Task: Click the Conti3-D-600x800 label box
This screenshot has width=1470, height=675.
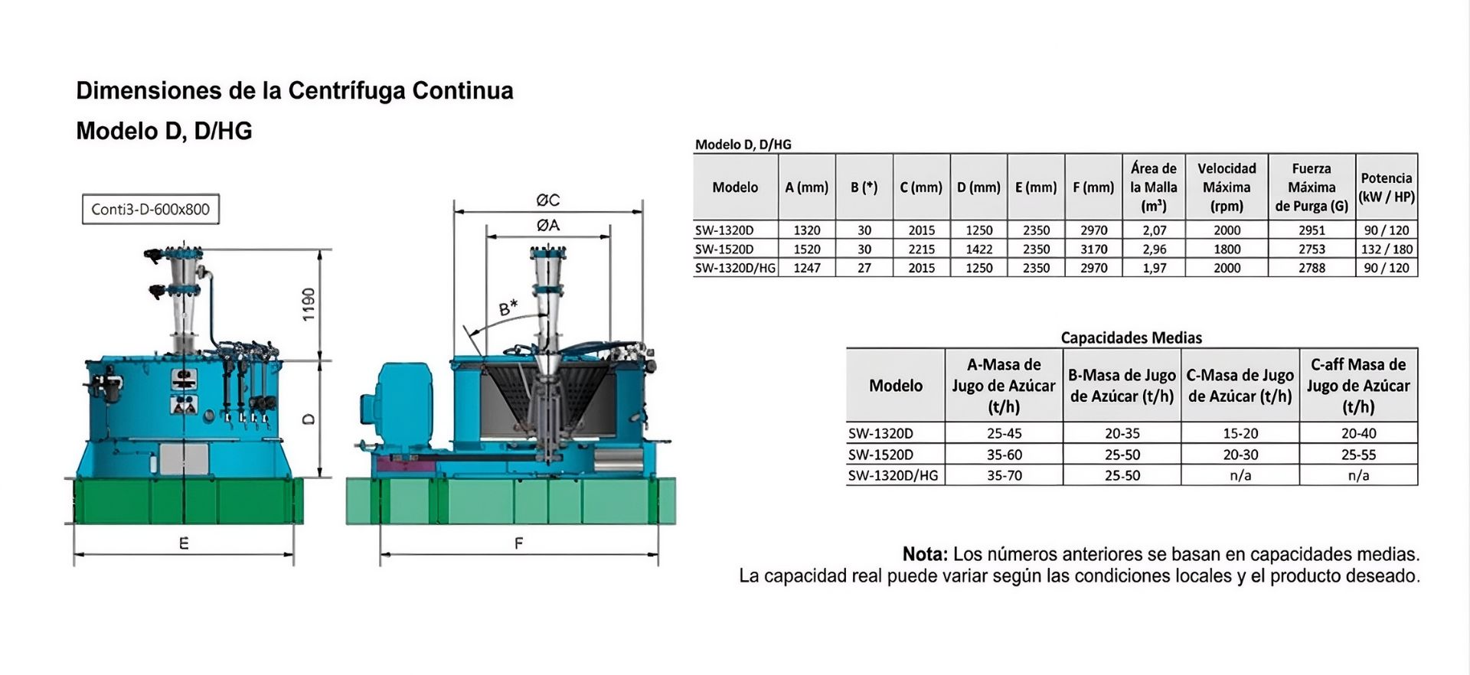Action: [151, 209]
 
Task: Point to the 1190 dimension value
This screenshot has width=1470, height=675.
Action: [308, 305]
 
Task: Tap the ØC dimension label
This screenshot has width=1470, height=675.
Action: [548, 200]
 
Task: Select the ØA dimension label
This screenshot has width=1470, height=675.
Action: [548, 225]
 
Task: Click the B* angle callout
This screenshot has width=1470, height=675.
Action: [508, 308]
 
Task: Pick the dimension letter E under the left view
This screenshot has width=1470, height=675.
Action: [184, 543]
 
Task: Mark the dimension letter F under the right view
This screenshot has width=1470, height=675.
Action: [519, 543]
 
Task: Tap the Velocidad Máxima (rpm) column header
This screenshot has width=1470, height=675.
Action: [1227, 187]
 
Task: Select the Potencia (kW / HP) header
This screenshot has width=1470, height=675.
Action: [1387, 187]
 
